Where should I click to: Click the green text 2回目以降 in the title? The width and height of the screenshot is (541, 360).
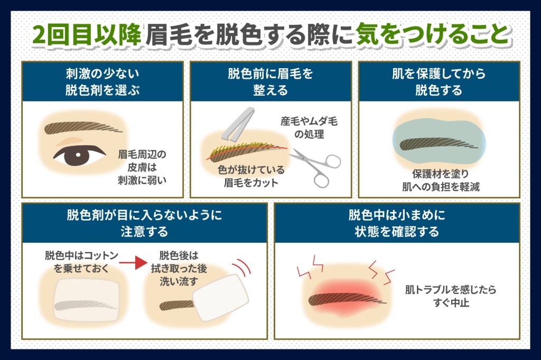pyautogui.click(x=87, y=35)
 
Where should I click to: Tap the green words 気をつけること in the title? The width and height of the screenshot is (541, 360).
pyautogui.click(x=433, y=35)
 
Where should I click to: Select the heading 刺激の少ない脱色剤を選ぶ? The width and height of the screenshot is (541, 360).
pyautogui.click(x=102, y=82)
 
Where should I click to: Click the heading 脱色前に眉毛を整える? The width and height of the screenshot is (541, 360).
pyautogui.click(x=270, y=82)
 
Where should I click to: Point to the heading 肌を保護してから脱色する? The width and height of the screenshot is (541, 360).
pyautogui.click(x=439, y=82)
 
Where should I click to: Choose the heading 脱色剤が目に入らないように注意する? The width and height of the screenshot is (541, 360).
pyautogui.click(x=144, y=223)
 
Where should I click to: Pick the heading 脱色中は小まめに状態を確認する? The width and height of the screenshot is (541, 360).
pyautogui.click(x=397, y=223)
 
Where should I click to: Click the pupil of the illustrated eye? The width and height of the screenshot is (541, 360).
pyautogui.click(x=78, y=155)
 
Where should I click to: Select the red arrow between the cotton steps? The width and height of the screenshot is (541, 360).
pyautogui.click(x=133, y=263)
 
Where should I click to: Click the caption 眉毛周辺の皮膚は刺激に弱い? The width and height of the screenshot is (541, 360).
pyautogui.click(x=142, y=167)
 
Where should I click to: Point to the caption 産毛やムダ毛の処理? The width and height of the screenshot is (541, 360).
pyautogui.click(x=309, y=127)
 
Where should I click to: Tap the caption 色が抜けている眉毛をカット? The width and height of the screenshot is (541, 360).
pyautogui.click(x=251, y=176)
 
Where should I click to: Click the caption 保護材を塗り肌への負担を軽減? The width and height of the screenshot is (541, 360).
pyautogui.click(x=441, y=180)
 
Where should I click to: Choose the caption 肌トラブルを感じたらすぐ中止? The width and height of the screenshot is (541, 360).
pyautogui.click(x=451, y=296)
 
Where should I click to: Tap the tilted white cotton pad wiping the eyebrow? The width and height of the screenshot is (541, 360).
pyautogui.click(x=221, y=298)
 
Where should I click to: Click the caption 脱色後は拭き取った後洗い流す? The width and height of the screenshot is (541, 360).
pyautogui.click(x=179, y=268)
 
